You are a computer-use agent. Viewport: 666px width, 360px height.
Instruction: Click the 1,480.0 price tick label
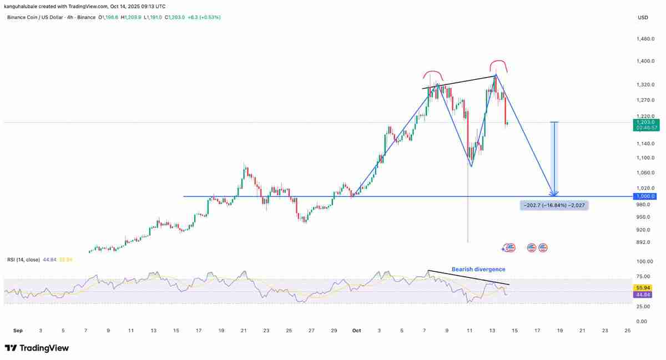[647, 39]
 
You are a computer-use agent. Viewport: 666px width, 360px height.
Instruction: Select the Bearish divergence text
[478, 269]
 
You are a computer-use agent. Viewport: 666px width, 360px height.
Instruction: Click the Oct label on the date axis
[356, 331]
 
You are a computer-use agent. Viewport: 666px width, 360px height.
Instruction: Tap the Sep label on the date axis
[17, 331]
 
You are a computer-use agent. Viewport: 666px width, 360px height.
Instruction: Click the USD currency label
[643, 17]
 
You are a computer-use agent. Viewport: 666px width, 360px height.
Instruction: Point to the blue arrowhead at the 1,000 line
[553, 194]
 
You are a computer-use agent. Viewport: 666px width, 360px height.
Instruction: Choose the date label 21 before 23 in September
[244, 331]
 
